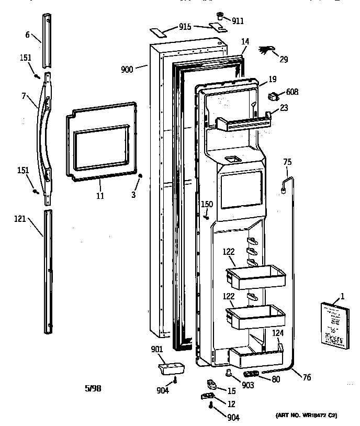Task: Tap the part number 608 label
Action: [292, 93]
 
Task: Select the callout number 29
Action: [283, 59]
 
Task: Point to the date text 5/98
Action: [92, 388]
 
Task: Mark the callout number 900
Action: [127, 68]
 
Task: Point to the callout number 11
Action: [99, 196]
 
